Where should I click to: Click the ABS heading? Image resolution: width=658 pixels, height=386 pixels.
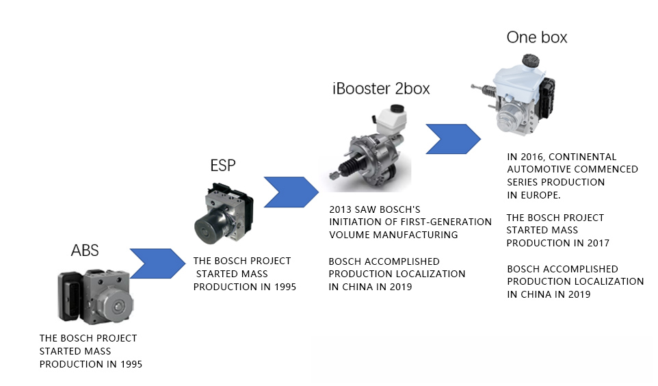85,250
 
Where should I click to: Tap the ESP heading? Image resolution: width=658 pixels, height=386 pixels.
223,165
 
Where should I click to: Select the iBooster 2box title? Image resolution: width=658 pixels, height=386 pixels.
381,88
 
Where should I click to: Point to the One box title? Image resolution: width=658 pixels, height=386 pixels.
537,38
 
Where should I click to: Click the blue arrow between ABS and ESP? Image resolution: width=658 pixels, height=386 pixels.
157,263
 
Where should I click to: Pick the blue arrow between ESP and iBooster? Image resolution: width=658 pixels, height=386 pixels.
291,192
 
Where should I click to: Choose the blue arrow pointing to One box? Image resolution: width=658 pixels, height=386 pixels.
453,139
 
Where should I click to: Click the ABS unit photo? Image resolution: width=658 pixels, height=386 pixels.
96,297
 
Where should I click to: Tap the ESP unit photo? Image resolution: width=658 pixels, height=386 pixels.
224,213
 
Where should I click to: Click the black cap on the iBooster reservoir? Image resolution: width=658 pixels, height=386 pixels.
397,109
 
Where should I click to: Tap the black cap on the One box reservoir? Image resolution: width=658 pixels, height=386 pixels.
530,60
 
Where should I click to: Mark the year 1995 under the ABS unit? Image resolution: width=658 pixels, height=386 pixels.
131,364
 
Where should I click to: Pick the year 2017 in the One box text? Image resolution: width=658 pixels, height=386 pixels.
598,243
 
